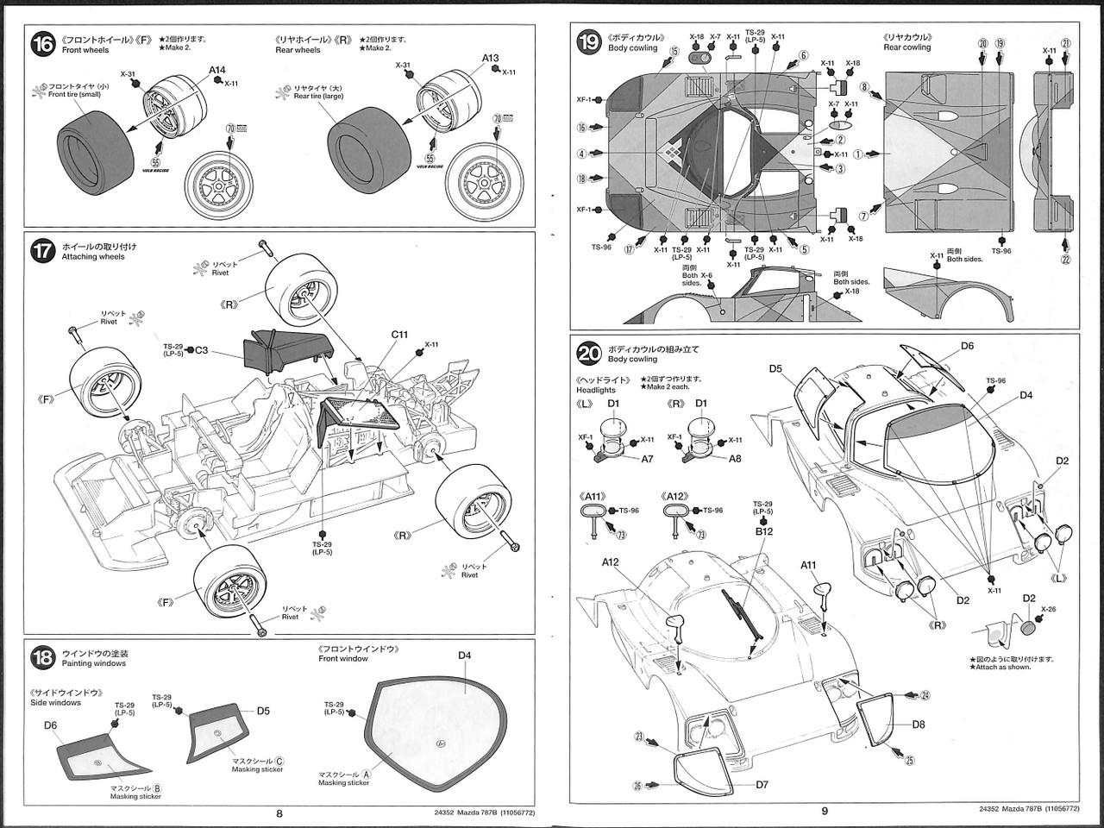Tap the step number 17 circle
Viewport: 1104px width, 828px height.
pyautogui.click(x=43, y=251)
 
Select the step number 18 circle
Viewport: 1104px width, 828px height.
pyautogui.click(x=43, y=658)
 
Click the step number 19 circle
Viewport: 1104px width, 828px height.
pyautogui.click(x=589, y=43)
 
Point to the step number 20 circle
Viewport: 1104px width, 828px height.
pyautogui.click(x=589, y=353)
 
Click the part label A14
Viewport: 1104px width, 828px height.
pyautogui.click(x=216, y=70)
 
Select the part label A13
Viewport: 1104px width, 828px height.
pyautogui.click(x=490, y=59)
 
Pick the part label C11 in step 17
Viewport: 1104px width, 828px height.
pyautogui.click(x=399, y=334)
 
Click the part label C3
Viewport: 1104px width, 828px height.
pyautogui.click(x=201, y=350)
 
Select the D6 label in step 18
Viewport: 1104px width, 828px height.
pyautogui.click(x=51, y=725)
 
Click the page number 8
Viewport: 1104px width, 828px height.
pyautogui.click(x=279, y=812)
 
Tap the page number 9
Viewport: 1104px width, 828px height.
pyautogui.click(x=824, y=810)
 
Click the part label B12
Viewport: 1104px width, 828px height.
pyautogui.click(x=763, y=531)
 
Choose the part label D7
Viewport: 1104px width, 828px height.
pyautogui.click(x=762, y=784)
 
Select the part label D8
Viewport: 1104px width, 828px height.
pyautogui.click(x=918, y=724)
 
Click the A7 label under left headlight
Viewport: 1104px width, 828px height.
pyautogui.click(x=647, y=459)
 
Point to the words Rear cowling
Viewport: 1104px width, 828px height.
pyautogui.click(x=906, y=47)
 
